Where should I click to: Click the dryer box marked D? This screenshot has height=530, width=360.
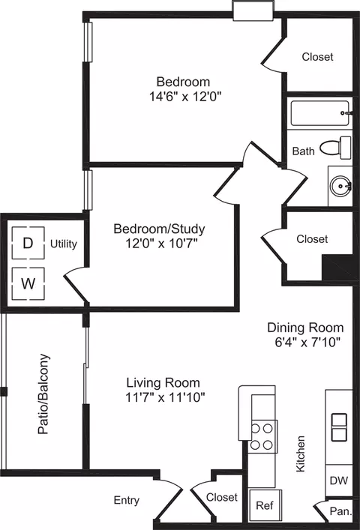(28, 243)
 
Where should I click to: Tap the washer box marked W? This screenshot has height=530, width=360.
(28, 283)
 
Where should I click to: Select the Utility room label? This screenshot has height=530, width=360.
(64, 244)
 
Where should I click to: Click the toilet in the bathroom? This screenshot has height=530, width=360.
(335, 148)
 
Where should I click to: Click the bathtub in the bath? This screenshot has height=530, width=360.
(320, 113)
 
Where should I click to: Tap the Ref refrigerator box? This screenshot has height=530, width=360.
(265, 505)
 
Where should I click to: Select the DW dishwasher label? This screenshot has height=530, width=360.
(339, 481)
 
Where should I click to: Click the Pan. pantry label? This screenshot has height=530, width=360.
(340, 511)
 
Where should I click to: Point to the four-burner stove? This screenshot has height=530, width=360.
(262, 436)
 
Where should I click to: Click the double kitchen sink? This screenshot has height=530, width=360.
(339, 427)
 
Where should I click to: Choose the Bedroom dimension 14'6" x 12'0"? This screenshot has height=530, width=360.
(185, 97)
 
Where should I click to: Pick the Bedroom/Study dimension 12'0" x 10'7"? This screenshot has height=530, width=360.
(161, 243)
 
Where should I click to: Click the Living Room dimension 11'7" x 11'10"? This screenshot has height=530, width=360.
(165, 397)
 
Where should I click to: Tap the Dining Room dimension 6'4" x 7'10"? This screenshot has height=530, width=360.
(307, 342)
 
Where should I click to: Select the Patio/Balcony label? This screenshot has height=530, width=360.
(43, 394)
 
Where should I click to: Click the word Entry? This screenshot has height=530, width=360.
(127, 500)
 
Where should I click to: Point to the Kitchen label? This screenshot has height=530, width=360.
(301, 454)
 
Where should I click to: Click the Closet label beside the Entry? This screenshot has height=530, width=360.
(222, 497)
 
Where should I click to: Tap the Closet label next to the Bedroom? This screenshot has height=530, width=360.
(317, 57)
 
